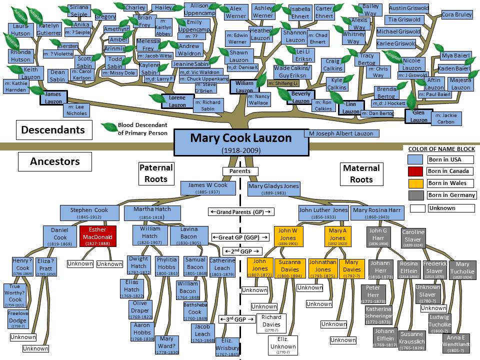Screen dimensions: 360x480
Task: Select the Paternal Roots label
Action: click(x=156, y=173)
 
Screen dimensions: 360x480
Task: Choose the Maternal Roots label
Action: click(x=361, y=173)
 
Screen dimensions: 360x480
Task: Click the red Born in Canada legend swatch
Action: click(x=416, y=171)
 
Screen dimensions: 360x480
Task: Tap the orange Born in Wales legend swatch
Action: click(x=416, y=183)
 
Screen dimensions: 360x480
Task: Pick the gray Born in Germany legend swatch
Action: click(x=416, y=195)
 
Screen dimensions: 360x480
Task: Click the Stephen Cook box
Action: click(x=88, y=212)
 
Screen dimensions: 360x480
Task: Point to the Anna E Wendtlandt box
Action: click(x=456, y=343)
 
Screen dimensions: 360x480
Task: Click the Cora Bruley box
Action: click(x=456, y=15)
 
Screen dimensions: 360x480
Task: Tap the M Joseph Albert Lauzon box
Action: click(x=340, y=134)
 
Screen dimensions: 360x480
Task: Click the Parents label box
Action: click(x=240, y=171)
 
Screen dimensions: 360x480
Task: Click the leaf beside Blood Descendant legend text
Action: click(x=108, y=127)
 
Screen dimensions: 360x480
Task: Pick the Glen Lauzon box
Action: click(x=419, y=116)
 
